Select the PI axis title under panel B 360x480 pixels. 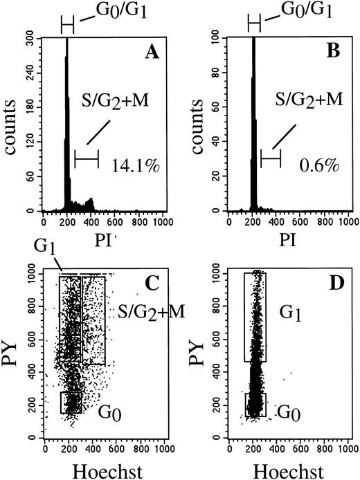tap(289, 243)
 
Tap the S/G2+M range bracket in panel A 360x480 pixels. tap(87, 159)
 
